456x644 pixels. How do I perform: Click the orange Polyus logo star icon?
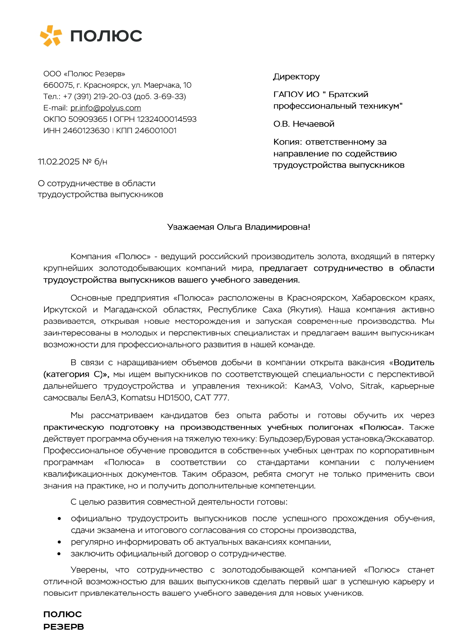tap(51, 36)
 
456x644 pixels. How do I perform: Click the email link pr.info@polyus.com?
tap(105, 108)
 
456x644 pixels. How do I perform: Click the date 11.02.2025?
tap(59, 162)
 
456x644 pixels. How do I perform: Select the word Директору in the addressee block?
tap(296, 77)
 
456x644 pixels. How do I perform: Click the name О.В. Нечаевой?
tap(304, 124)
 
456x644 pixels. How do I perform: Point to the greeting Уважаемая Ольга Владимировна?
tap(238, 227)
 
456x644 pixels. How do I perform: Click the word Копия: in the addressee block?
tap(288, 142)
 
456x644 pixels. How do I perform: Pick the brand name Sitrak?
tap(371, 386)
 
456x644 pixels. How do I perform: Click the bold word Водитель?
tap(414, 363)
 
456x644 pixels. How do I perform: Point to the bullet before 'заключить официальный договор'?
tap(59, 554)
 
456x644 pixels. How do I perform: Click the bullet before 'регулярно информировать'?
tap(59, 542)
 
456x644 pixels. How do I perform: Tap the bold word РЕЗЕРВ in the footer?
tap(64, 627)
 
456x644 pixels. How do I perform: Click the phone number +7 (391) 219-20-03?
tap(97, 97)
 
